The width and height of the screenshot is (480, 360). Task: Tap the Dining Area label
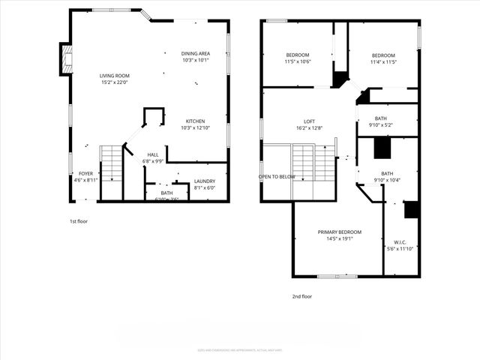pyautogui.click(x=195, y=53)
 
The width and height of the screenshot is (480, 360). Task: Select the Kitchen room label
pyautogui.click(x=195, y=121)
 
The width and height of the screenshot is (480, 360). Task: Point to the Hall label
pyautogui.click(x=152, y=154)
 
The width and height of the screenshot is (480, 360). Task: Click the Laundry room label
pyautogui.click(x=204, y=181)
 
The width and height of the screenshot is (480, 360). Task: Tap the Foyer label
pyautogui.click(x=86, y=173)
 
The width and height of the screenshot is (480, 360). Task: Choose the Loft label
pyautogui.click(x=309, y=121)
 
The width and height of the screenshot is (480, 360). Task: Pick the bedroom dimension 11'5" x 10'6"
pyautogui.click(x=298, y=61)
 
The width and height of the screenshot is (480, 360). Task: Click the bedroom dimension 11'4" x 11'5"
pyautogui.click(x=383, y=61)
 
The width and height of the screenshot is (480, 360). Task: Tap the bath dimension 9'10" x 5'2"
pyautogui.click(x=381, y=125)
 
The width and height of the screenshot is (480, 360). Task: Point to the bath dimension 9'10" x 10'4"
pyautogui.click(x=387, y=180)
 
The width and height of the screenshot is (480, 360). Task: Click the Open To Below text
pyautogui.click(x=277, y=177)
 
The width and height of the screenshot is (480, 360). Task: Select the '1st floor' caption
pyautogui.click(x=78, y=221)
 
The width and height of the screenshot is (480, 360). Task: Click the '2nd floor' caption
pyautogui.click(x=301, y=296)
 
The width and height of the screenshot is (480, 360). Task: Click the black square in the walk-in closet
pyautogui.click(x=411, y=210)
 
